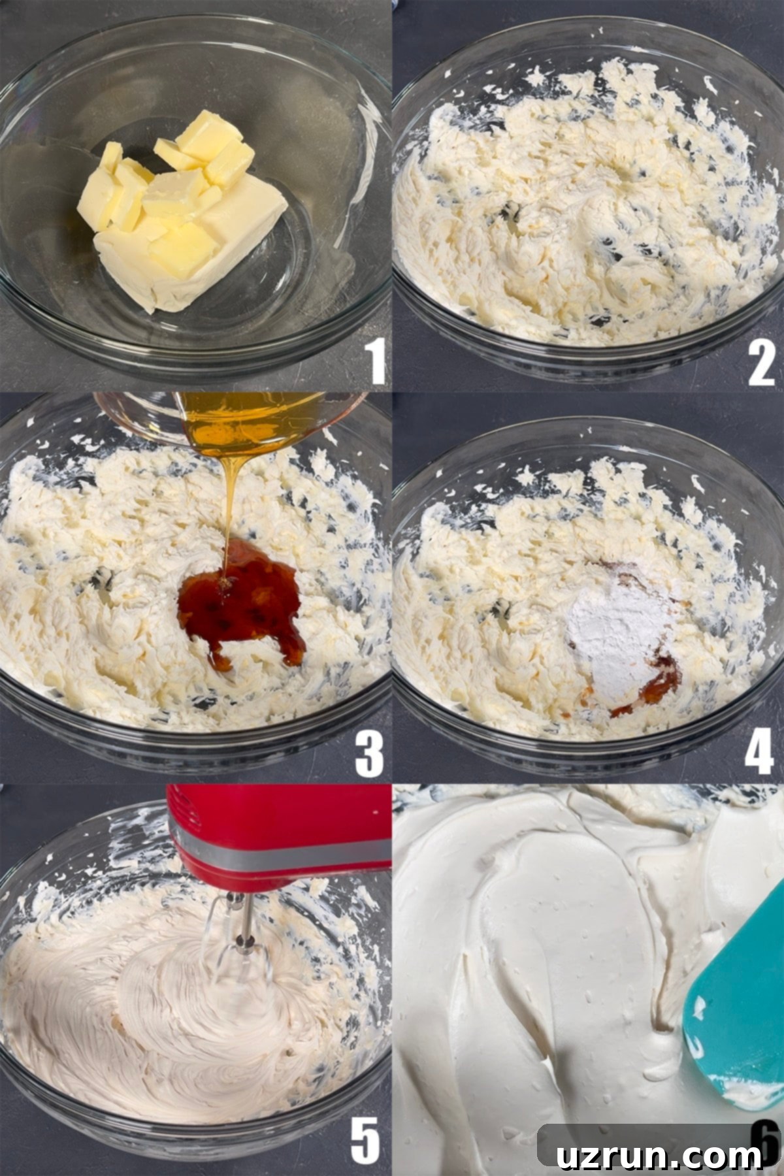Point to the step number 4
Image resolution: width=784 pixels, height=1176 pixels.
(759, 753)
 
